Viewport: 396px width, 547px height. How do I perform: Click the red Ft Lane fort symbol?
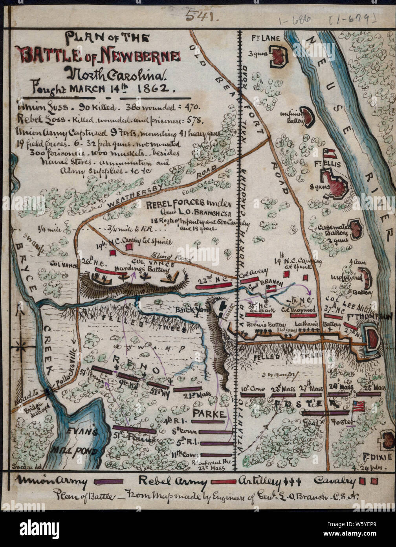pyautogui.click(x=279, y=56)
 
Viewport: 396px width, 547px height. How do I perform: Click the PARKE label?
pyautogui.click(x=209, y=414)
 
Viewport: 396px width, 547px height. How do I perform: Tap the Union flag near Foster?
pyautogui.click(x=358, y=406)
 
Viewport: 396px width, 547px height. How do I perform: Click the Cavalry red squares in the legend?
pyautogui.click(x=370, y=481)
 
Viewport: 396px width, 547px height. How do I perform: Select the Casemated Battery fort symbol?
pyautogui.click(x=356, y=230)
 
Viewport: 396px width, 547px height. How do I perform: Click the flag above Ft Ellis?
pyautogui.click(x=329, y=153)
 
